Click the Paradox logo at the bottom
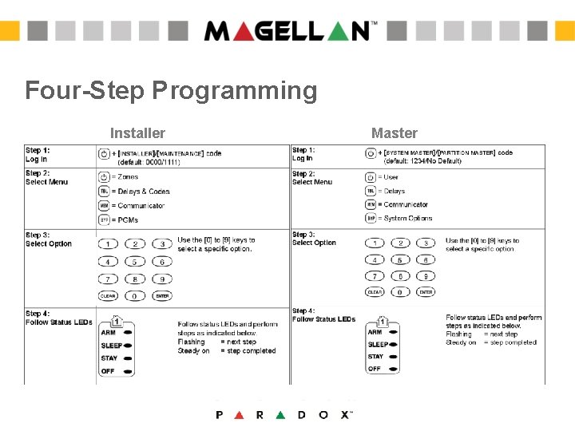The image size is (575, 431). point(284,414)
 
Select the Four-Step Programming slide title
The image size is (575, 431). point(171,90)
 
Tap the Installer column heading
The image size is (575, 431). point(137,133)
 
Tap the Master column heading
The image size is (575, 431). point(395,133)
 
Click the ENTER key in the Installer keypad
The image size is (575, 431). point(163,295)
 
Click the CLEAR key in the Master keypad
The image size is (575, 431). point(375,292)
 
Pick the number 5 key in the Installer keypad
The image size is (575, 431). point(136,262)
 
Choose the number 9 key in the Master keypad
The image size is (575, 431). point(426,276)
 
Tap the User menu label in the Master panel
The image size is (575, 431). point(391,177)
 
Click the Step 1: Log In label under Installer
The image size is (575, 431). point(38,155)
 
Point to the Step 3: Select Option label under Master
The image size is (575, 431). point(314,239)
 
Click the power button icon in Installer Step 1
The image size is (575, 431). point(104,152)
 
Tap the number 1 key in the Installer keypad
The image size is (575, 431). point(109,244)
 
